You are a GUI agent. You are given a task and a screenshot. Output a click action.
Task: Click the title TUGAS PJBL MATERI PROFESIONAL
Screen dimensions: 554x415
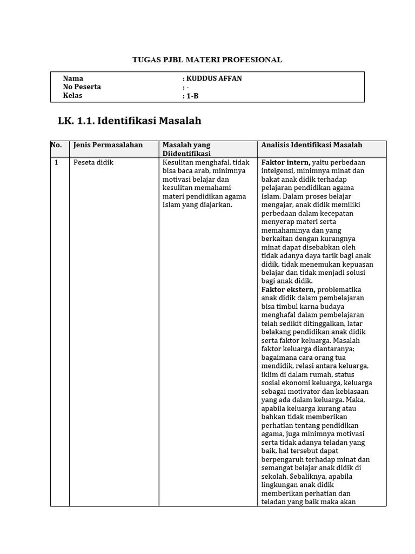click(207, 60)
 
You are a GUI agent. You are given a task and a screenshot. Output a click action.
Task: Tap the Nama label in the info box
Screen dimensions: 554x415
click(73, 78)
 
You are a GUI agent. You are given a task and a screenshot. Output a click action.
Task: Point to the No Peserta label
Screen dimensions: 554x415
click(82, 87)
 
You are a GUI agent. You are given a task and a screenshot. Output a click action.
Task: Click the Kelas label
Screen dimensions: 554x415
click(73, 96)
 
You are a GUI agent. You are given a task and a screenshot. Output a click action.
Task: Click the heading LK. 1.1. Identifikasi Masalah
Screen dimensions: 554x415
click(130, 121)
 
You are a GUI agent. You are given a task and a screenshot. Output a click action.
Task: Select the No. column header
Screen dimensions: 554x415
click(56, 145)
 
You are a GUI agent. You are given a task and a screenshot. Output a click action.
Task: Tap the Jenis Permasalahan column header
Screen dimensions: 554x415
click(108, 145)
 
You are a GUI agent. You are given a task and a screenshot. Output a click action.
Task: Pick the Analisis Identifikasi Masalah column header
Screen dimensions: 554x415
click(312, 145)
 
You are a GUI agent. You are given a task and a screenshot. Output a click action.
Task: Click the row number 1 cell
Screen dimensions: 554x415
click(56, 162)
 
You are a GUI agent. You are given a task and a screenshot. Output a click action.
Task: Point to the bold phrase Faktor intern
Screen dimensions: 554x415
click(285, 162)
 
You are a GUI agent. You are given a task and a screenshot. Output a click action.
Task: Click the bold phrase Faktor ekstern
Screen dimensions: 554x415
click(288, 289)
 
